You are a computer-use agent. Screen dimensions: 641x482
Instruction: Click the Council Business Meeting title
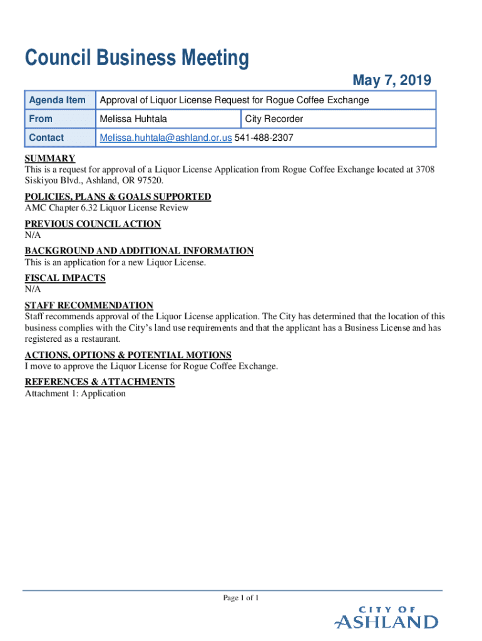[x=136, y=59]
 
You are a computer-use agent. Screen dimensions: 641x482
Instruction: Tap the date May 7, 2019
[x=391, y=80]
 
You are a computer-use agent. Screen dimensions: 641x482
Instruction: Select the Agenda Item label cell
[x=57, y=100]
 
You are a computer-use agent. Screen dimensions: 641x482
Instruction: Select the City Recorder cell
[x=274, y=119]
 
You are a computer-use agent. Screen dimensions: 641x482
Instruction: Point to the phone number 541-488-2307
[x=264, y=138]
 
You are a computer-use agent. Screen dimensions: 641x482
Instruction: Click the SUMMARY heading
[x=50, y=158]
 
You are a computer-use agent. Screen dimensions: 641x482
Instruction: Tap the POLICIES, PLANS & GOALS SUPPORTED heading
[x=118, y=197]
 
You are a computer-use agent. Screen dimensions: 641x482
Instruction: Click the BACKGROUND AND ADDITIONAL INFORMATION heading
[x=139, y=251]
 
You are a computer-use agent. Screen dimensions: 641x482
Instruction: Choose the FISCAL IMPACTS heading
[x=65, y=278]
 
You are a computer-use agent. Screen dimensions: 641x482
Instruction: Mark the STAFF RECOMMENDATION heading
[x=89, y=305]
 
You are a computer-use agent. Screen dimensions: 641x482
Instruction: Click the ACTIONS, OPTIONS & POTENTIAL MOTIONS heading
[x=128, y=355]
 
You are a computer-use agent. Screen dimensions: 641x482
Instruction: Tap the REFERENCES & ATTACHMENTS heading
[x=100, y=382]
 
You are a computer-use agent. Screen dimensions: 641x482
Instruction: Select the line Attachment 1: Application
[x=75, y=394]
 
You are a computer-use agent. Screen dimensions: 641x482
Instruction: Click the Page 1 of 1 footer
[x=241, y=598]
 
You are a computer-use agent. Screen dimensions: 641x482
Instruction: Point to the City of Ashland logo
[x=386, y=618]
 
